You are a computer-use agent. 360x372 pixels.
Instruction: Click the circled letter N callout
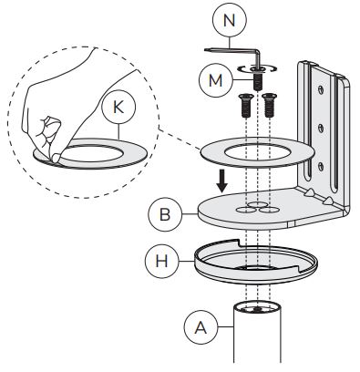click(x=230, y=20)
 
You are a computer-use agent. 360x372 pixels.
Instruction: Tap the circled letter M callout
click(x=216, y=80)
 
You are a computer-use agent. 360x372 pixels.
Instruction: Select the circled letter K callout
click(x=118, y=107)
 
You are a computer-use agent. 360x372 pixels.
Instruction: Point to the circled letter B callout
click(x=165, y=215)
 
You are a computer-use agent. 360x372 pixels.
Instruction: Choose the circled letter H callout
click(x=161, y=261)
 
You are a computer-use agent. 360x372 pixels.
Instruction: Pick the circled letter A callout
click(x=201, y=327)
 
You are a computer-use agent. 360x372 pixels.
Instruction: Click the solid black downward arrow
click(x=222, y=181)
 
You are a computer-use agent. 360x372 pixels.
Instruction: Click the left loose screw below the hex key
click(x=245, y=106)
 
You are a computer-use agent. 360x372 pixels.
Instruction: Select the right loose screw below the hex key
click(x=269, y=106)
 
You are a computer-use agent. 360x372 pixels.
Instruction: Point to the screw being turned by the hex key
click(x=257, y=79)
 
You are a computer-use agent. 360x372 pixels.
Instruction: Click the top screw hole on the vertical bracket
click(x=321, y=89)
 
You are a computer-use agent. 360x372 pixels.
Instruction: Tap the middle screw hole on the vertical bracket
click(x=321, y=128)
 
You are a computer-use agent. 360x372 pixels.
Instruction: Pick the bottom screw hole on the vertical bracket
click(x=321, y=166)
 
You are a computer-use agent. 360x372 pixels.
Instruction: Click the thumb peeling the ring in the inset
click(x=55, y=157)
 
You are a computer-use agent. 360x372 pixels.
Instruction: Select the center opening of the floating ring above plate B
click(x=257, y=152)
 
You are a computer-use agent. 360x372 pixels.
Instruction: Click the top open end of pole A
click(x=257, y=307)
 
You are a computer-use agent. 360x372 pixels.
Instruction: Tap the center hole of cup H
click(x=257, y=267)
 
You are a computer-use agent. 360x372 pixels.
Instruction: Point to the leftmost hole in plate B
click(x=245, y=210)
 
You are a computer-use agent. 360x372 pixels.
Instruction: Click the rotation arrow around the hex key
click(x=257, y=69)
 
